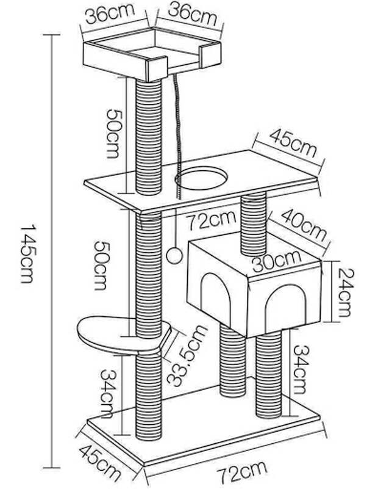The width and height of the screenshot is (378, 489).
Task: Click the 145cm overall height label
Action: pyautogui.click(x=27, y=253)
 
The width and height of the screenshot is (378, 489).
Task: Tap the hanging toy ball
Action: pyautogui.click(x=174, y=256)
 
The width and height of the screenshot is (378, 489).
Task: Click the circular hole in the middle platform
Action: pyautogui.click(x=201, y=178)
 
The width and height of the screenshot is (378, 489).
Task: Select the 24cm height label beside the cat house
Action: pyautogui.click(x=346, y=292)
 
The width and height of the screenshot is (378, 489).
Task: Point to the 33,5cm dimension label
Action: pyautogui.click(x=187, y=356)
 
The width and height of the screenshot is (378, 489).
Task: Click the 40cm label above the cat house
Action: pyautogui.click(x=304, y=225)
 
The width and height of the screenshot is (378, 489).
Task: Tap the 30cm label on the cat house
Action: pyautogui.click(x=277, y=261)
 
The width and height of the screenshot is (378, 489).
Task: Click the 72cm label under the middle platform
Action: pyautogui.click(x=211, y=220)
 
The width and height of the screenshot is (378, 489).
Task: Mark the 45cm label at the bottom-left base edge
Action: pyautogui.click(x=99, y=463)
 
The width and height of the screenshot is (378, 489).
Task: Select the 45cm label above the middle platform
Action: pyautogui.click(x=293, y=143)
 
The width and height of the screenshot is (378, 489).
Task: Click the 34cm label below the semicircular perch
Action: pyautogui.click(x=108, y=393)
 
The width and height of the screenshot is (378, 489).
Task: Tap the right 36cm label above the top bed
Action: pyautogui.click(x=192, y=15)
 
